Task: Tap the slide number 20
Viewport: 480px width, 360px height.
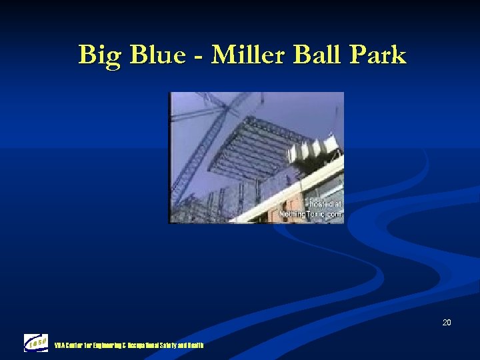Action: [x=446, y=323]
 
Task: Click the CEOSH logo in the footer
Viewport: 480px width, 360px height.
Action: [x=36, y=343]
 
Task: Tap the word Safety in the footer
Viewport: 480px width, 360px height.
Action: [x=170, y=345]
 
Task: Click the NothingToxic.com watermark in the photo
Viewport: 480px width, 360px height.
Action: [x=319, y=215]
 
